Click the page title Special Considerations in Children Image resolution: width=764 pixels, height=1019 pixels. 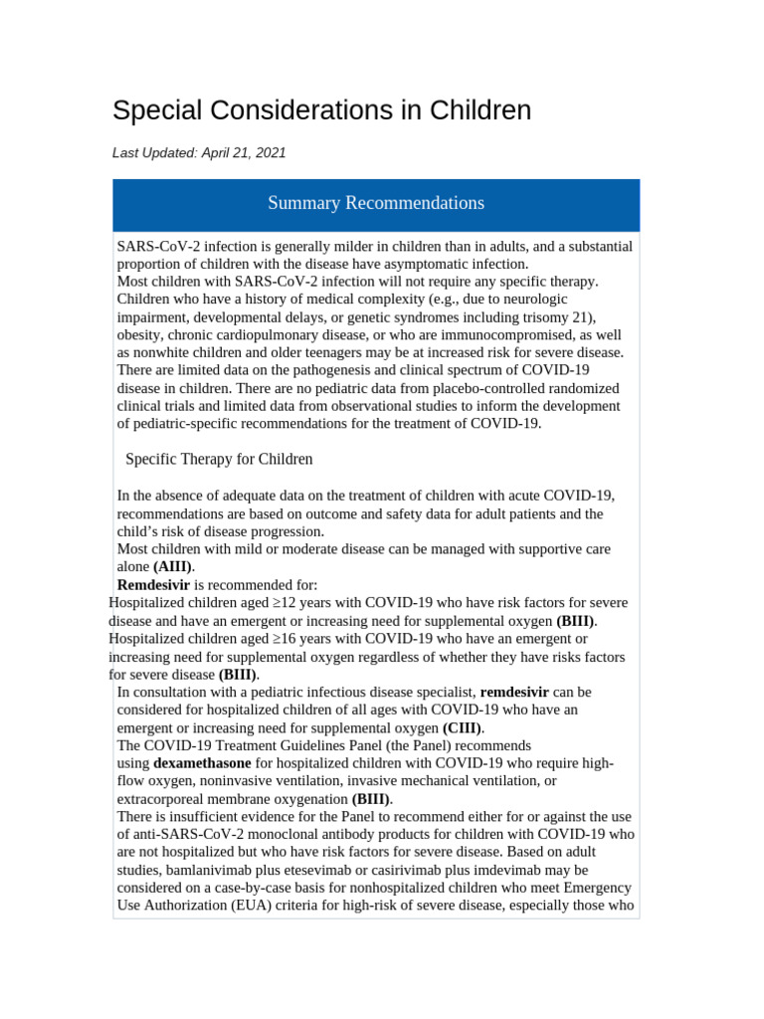(x=321, y=110)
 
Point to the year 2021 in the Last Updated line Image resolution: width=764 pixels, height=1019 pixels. (x=270, y=153)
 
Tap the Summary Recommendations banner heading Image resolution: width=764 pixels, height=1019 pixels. (x=376, y=203)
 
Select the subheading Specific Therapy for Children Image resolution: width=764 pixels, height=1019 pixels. (x=219, y=459)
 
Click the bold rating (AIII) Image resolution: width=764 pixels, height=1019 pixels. (x=173, y=566)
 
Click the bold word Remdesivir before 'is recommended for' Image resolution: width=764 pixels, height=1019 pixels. (x=153, y=584)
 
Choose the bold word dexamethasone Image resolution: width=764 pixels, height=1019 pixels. (x=202, y=763)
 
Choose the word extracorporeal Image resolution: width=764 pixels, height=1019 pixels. (x=166, y=799)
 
